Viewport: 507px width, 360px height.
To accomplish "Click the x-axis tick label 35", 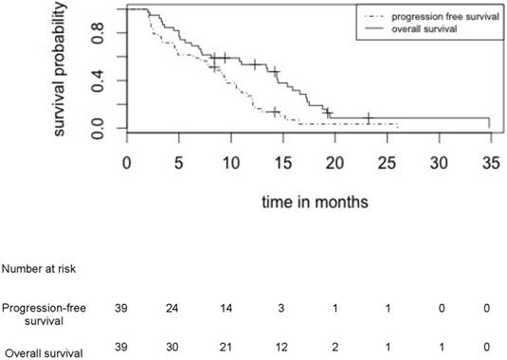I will tap(488, 162).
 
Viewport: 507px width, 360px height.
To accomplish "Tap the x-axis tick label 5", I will tap(178, 162).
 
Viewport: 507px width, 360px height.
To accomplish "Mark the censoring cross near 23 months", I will tap(369, 118).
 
